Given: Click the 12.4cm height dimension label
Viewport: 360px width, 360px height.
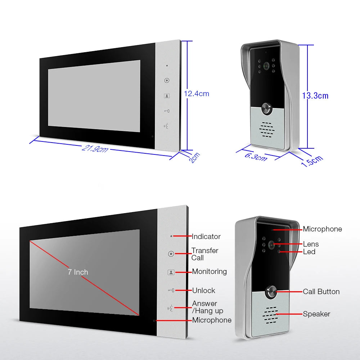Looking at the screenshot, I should (x=197, y=94).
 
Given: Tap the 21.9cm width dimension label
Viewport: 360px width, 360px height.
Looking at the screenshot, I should (x=95, y=148).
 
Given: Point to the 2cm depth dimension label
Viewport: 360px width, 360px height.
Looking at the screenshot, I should (x=194, y=158).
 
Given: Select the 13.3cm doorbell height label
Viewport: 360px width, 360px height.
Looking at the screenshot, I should (x=315, y=96).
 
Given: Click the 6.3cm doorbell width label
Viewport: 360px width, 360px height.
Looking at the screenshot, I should (x=256, y=156).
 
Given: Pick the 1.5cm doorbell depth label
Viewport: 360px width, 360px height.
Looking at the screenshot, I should (x=312, y=161).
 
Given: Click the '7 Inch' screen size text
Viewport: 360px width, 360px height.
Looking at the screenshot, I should (x=78, y=272).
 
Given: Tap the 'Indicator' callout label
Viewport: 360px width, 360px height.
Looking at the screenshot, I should (x=206, y=237).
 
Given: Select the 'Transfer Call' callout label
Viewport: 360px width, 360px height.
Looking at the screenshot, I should (x=204, y=254).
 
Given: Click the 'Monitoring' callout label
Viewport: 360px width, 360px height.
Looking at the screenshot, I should (x=209, y=271).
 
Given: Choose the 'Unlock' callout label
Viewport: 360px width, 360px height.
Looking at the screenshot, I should (x=203, y=291).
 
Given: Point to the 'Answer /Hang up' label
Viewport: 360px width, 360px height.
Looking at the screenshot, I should (x=207, y=307).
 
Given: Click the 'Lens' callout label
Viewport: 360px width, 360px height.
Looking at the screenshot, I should (x=311, y=244).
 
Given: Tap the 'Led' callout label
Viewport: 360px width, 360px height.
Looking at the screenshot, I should (x=309, y=252).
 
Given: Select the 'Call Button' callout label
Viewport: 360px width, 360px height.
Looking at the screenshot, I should (x=321, y=292).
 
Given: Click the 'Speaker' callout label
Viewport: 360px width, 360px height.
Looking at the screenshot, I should (x=316, y=314).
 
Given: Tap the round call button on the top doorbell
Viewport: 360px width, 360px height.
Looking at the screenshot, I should (x=266, y=108).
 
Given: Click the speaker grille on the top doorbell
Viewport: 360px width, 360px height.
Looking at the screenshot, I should (x=267, y=130).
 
